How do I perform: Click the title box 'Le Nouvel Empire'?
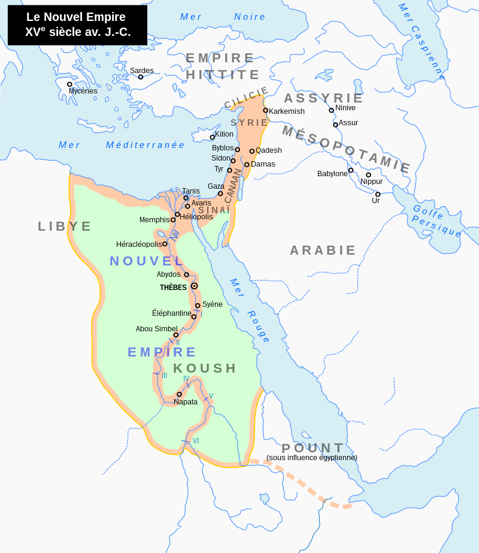77,25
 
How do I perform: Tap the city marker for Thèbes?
194,286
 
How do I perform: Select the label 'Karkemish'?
287,111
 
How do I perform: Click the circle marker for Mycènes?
69,84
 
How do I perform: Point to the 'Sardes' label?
142,71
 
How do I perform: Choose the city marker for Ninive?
331,110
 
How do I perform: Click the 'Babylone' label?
332,174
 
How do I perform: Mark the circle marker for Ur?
378,194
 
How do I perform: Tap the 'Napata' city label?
186,402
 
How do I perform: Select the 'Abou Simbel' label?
156,329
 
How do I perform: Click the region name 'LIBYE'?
65,226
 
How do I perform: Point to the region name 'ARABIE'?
323,250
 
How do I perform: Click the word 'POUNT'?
313,448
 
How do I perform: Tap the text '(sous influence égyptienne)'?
312,458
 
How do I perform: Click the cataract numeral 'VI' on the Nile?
196,441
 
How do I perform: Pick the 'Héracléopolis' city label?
139,244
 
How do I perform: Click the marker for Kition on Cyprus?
212,137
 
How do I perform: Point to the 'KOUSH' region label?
205,368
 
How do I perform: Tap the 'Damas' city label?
263,164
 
